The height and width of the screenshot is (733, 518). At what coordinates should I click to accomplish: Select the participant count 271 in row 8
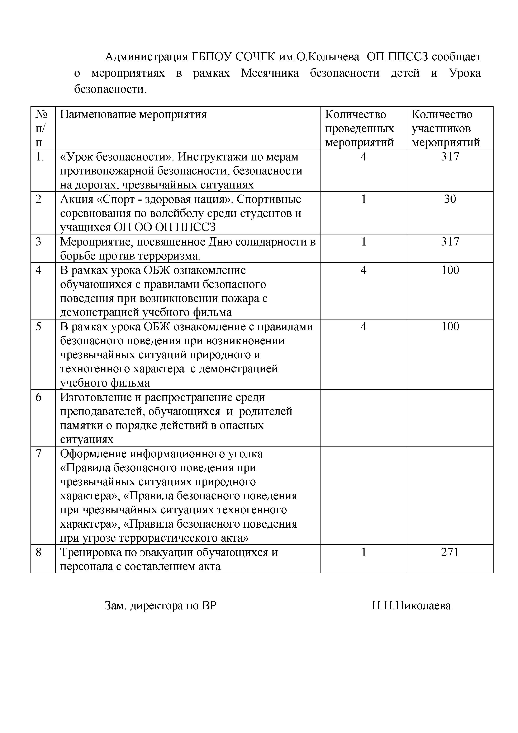[x=450, y=552]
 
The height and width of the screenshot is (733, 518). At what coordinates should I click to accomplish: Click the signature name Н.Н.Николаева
[x=411, y=606]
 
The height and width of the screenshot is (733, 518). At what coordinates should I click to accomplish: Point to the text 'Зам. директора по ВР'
[x=160, y=606]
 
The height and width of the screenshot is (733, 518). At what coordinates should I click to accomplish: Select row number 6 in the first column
[x=39, y=397]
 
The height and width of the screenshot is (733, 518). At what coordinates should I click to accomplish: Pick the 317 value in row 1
[x=450, y=157]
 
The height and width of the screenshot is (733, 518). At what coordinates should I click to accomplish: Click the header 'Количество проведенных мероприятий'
[x=360, y=128]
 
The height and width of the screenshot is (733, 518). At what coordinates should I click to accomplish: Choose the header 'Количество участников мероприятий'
[x=446, y=128]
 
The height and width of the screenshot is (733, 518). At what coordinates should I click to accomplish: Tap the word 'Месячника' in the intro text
[x=270, y=73]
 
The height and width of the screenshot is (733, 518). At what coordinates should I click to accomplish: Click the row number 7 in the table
[x=39, y=454]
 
